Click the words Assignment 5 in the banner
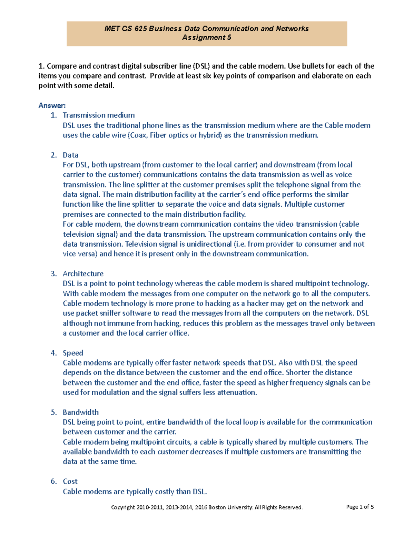tap(207, 38)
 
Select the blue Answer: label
tap(52, 105)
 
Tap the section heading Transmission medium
tap(99, 115)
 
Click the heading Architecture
tap(83, 274)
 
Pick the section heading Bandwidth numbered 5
tap(81, 412)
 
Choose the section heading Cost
tap(70, 481)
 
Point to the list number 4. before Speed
tap(54, 353)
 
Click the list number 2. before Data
tap(54, 155)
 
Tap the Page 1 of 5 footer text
tap(360, 507)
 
